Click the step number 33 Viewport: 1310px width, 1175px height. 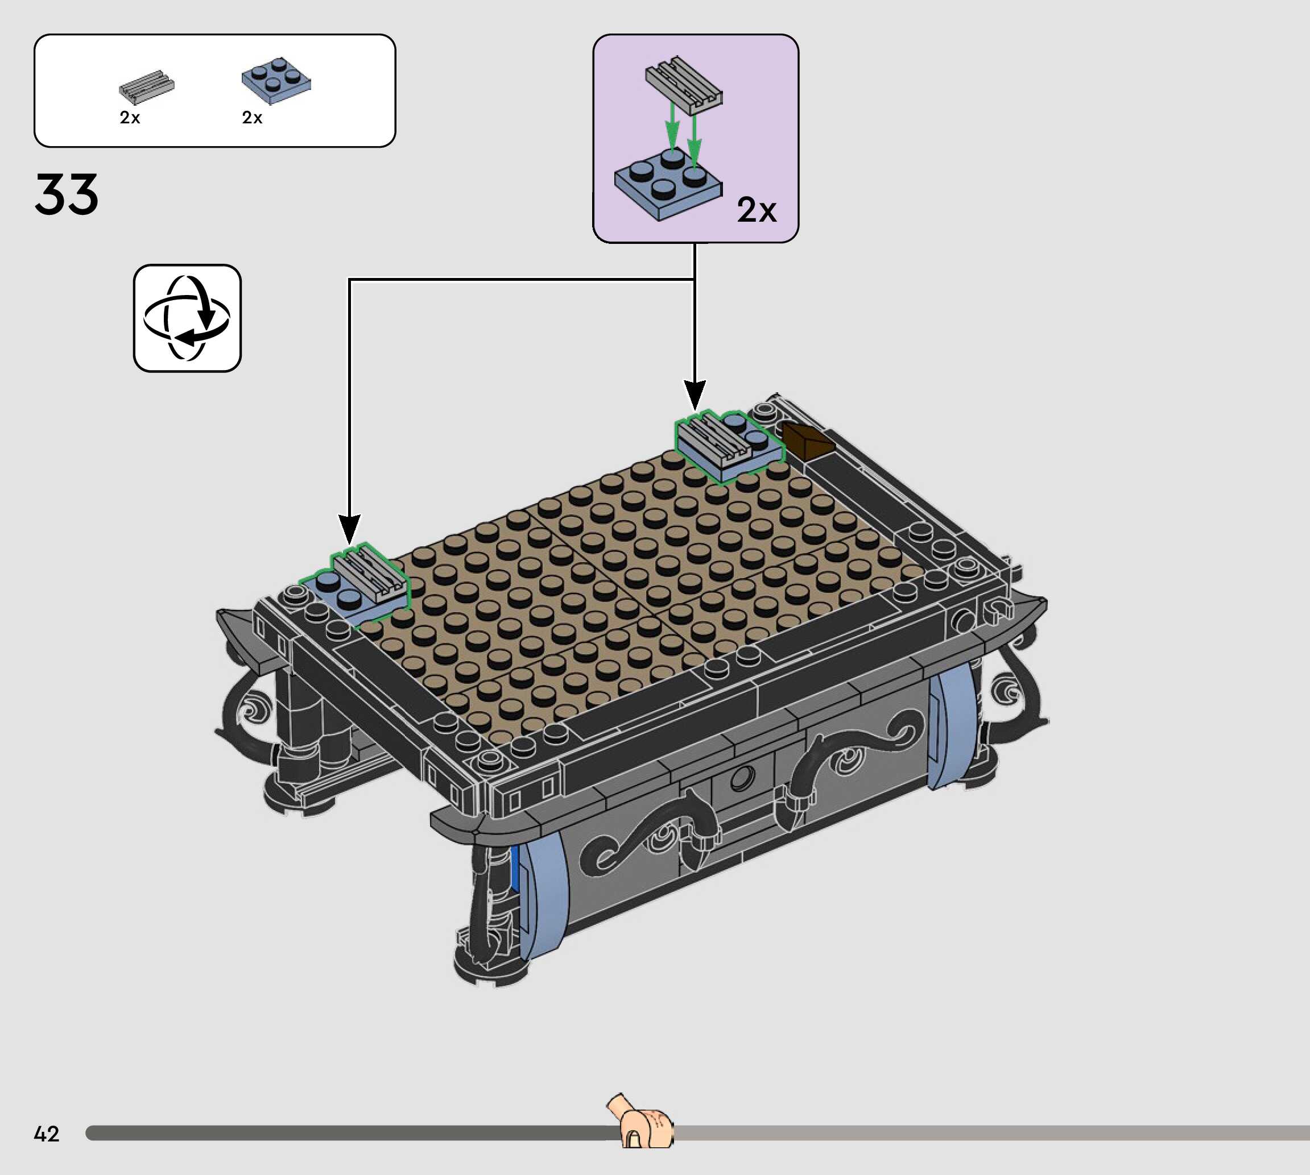(x=67, y=194)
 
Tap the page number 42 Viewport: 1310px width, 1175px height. (x=47, y=1134)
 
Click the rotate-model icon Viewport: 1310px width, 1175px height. (x=187, y=318)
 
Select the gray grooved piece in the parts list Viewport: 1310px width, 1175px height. (x=147, y=87)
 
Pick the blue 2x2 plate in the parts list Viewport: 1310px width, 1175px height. (x=276, y=81)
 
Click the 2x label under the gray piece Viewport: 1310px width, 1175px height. (x=130, y=118)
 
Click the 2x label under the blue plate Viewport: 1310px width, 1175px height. (x=252, y=118)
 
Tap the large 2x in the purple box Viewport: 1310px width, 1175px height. (x=757, y=210)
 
